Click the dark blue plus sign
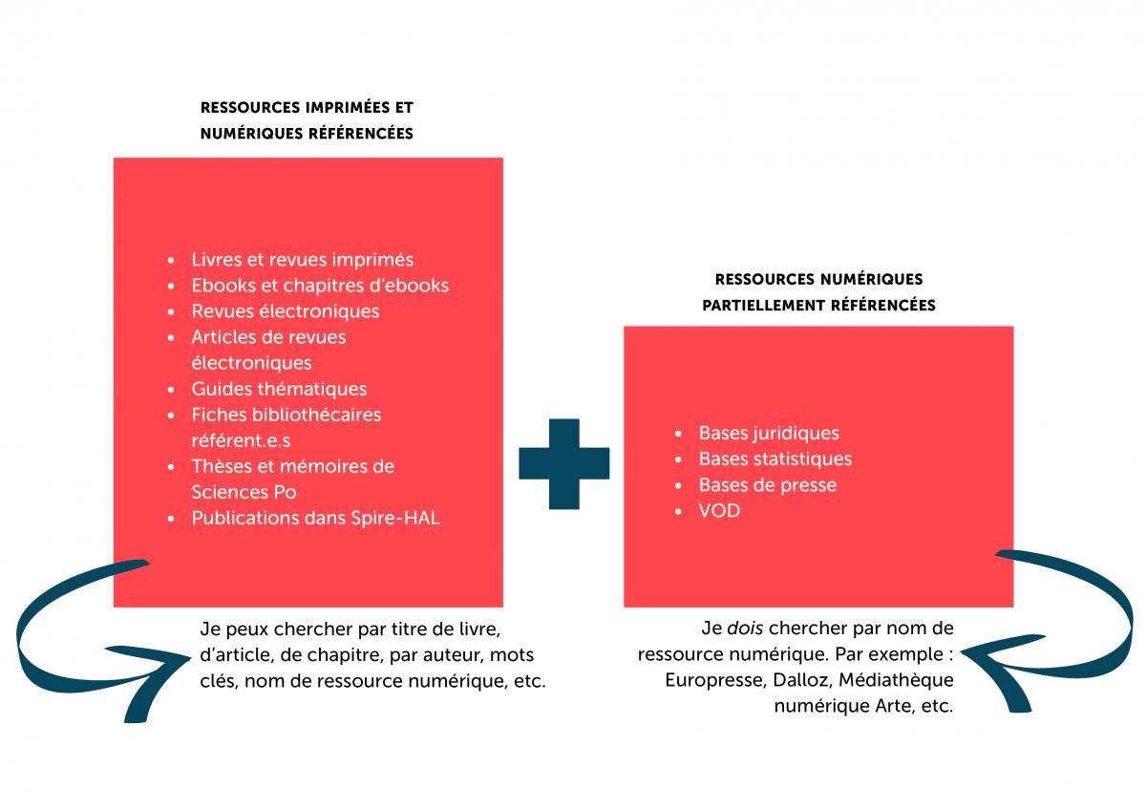(x=563, y=463)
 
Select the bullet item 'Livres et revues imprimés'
(x=302, y=260)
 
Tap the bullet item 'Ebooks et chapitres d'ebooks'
(x=319, y=286)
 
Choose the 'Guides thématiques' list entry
(x=279, y=389)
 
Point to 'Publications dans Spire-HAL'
(x=315, y=519)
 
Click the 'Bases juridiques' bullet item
(x=768, y=434)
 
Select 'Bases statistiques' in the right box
(x=775, y=459)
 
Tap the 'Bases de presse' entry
(x=767, y=485)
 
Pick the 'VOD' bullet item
(x=719, y=511)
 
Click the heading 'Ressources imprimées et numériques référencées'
(x=307, y=120)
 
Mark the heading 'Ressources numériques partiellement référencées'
(x=818, y=292)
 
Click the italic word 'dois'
(x=745, y=629)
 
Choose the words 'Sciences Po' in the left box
(x=244, y=493)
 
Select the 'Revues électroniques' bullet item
(x=285, y=311)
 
